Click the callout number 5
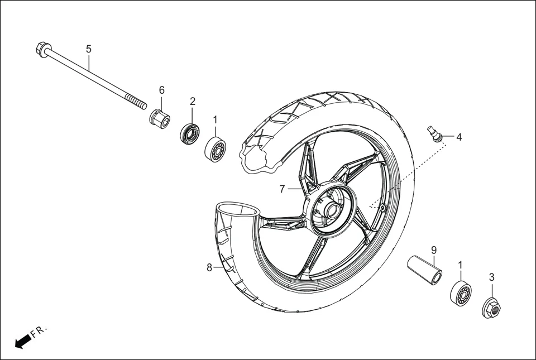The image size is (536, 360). pos(89,49)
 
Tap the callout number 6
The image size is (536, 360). pos(162,90)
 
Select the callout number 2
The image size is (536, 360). pos(193,101)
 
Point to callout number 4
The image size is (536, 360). pos(459,137)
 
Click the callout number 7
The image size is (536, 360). pos(283,189)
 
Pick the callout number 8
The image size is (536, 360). pos(209,267)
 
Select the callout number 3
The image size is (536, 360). pos(491,277)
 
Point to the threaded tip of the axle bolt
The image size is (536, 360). pos(137,103)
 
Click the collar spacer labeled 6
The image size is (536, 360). pos(159,118)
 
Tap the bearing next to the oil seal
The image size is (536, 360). pos(216,148)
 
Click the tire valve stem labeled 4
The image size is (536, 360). pos(434,133)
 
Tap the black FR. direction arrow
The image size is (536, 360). pos(22,340)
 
